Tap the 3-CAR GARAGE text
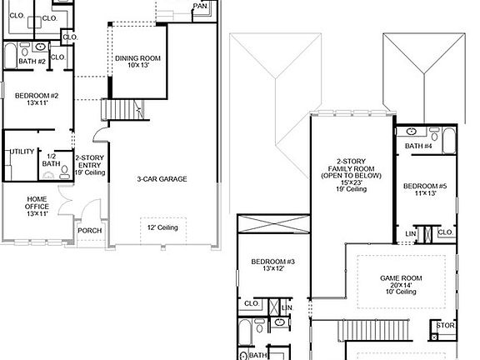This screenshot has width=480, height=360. click(162, 178)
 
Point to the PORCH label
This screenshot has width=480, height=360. click(90, 231)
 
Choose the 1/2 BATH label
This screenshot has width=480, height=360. click(52, 159)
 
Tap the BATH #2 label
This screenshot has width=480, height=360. click(32, 62)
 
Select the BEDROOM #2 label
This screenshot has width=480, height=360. click(36, 96)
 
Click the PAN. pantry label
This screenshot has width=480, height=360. click(200, 6)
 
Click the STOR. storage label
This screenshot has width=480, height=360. click(446, 325)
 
